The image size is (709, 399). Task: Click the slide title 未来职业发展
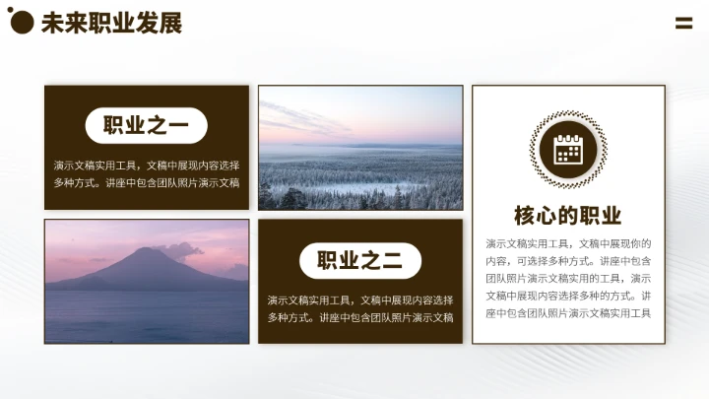click(111, 23)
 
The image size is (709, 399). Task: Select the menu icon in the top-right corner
click(683, 24)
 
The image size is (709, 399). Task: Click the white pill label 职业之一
click(146, 125)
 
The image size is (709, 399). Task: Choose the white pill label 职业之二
click(359, 260)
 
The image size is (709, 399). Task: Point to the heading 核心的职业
click(568, 216)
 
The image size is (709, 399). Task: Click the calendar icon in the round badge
click(568, 150)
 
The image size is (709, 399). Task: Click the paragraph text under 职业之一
click(146, 173)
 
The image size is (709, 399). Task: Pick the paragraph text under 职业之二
click(359, 308)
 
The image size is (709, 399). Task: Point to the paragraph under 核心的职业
click(568, 278)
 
